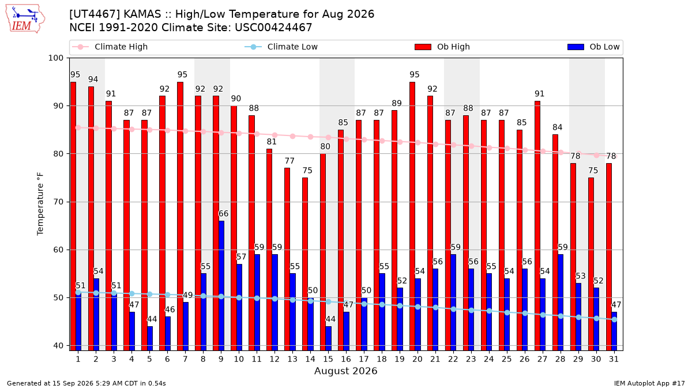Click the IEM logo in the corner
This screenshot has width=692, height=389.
coord(25,19)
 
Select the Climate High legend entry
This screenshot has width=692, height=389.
coord(110,47)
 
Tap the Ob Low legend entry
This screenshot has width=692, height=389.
coord(593,47)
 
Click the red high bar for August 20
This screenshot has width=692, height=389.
coord(412,216)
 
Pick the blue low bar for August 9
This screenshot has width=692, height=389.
coord(221,286)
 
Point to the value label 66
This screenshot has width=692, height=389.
coord(223,214)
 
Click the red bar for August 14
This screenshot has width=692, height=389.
coord(305,264)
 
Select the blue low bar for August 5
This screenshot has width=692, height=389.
coord(150,338)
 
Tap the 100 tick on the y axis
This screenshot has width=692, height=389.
coord(55,58)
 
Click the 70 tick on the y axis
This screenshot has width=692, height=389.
coord(58,202)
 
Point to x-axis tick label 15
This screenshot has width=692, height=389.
coord(328,359)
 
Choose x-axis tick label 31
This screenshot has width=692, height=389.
coord(614,359)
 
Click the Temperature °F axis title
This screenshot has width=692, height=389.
coord(40,204)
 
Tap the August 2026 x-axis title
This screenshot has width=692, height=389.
coord(345,371)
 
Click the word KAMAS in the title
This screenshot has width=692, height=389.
coord(142,14)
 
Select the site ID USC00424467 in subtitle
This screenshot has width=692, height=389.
coord(273,28)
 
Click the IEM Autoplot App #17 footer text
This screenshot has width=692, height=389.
coord(649,383)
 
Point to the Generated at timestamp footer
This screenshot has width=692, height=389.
coord(86,383)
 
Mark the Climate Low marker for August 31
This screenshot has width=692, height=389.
coord(615,319)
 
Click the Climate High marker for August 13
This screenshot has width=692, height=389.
coord(292,136)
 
